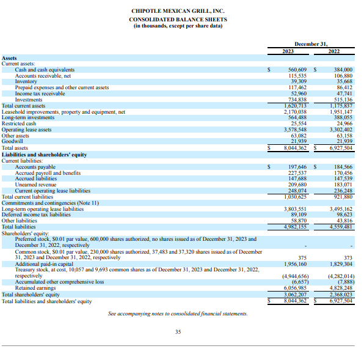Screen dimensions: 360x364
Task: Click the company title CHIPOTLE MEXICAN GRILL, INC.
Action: click(178, 11)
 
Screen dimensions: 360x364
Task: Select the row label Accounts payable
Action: click(35, 167)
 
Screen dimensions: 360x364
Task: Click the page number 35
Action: click(178, 332)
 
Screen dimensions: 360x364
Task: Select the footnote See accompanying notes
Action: click(178, 314)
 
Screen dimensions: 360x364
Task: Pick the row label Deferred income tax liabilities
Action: click(36, 215)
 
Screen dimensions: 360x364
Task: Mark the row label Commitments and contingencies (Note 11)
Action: click(50, 203)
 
